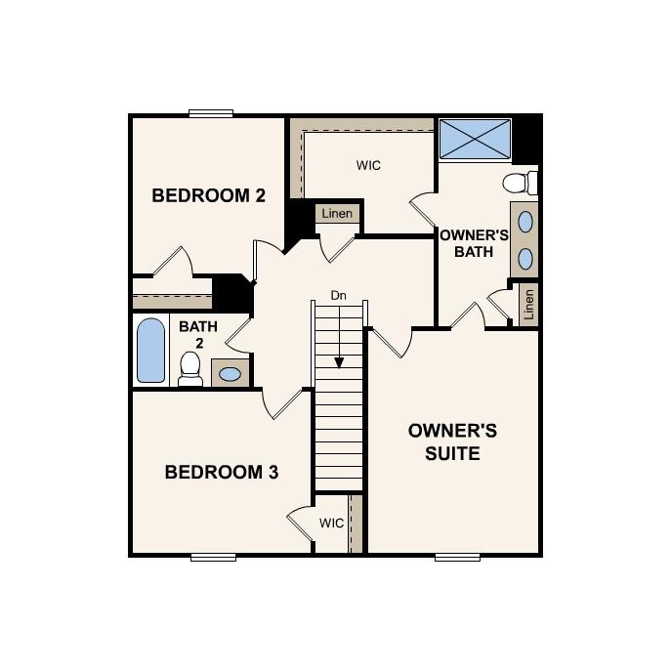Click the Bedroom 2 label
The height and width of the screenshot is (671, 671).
[x=208, y=195]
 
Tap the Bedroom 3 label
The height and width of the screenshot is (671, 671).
[x=222, y=473]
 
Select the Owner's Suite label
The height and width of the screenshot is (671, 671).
[x=452, y=441]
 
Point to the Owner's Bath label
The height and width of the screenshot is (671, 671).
[x=475, y=243]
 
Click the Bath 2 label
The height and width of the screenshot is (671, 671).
[x=198, y=335]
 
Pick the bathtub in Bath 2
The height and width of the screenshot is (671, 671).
[x=150, y=351]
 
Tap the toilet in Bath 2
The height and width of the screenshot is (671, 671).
[x=190, y=368]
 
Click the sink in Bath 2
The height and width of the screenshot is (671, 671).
[x=231, y=373]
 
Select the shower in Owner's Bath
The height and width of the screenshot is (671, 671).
[x=475, y=140]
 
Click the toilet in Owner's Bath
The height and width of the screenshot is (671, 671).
[x=520, y=183]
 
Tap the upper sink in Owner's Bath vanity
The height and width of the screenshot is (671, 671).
[x=525, y=222]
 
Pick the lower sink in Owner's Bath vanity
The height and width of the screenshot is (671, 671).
[x=525, y=258]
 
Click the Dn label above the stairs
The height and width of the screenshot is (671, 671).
[x=338, y=294]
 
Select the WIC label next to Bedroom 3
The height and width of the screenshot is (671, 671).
[x=332, y=524]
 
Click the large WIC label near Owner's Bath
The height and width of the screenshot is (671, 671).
[x=368, y=165]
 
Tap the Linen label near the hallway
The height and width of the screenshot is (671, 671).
[x=337, y=214]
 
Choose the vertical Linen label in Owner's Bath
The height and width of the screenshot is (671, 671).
[x=529, y=305]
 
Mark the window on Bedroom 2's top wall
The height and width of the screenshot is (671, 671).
[x=212, y=113]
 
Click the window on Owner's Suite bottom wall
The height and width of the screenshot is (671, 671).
[x=457, y=557]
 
